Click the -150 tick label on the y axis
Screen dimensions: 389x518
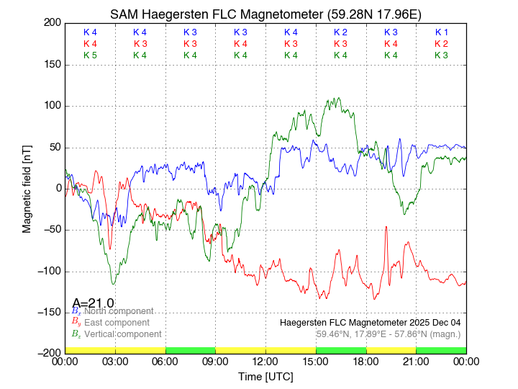(x=51, y=312)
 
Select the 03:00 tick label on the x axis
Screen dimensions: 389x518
(x=115, y=360)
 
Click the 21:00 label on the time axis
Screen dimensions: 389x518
(x=416, y=360)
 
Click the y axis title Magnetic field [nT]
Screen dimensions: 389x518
(x=27, y=187)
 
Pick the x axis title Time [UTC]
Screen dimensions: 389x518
(x=265, y=376)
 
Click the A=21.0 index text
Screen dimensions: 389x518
(x=93, y=303)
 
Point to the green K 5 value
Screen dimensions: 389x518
(x=90, y=55)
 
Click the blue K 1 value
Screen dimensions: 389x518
(x=441, y=32)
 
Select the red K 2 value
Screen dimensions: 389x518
(x=441, y=44)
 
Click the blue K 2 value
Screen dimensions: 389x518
(x=340, y=32)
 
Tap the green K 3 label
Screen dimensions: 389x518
(x=441, y=55)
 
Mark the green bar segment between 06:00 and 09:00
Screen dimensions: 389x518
(x=191, y=349)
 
